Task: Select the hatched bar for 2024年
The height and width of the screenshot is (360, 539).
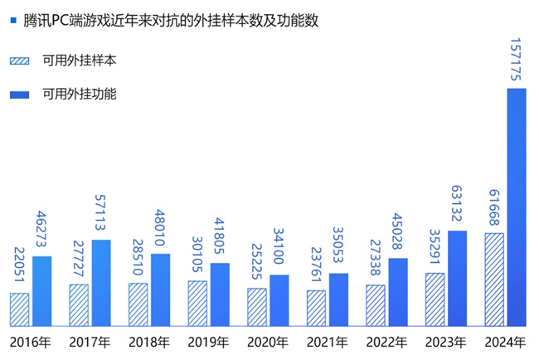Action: [493, 279]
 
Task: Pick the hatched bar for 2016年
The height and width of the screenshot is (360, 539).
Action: [19, 309]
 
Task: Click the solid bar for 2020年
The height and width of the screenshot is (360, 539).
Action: [279, 299]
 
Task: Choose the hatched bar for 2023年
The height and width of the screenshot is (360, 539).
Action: [435, 299]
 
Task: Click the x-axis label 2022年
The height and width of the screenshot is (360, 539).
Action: [387, 341]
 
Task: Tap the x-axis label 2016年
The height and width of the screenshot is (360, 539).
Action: [31, 341]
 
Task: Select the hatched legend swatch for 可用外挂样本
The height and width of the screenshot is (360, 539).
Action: [19, 61]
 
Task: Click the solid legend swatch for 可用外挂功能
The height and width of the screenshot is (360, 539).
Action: [19, 94]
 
